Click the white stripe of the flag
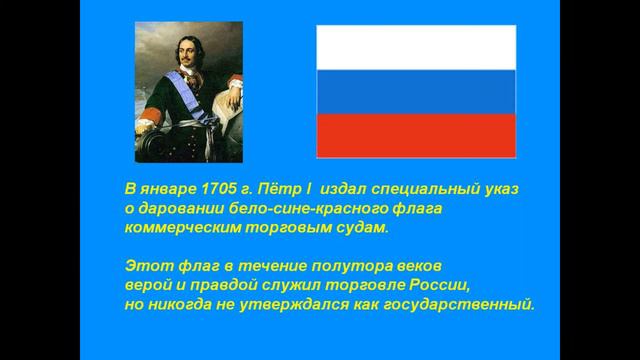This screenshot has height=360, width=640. [416, 47]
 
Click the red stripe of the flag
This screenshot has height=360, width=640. [416, 135]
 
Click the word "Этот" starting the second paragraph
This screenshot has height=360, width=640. [145, 265]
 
